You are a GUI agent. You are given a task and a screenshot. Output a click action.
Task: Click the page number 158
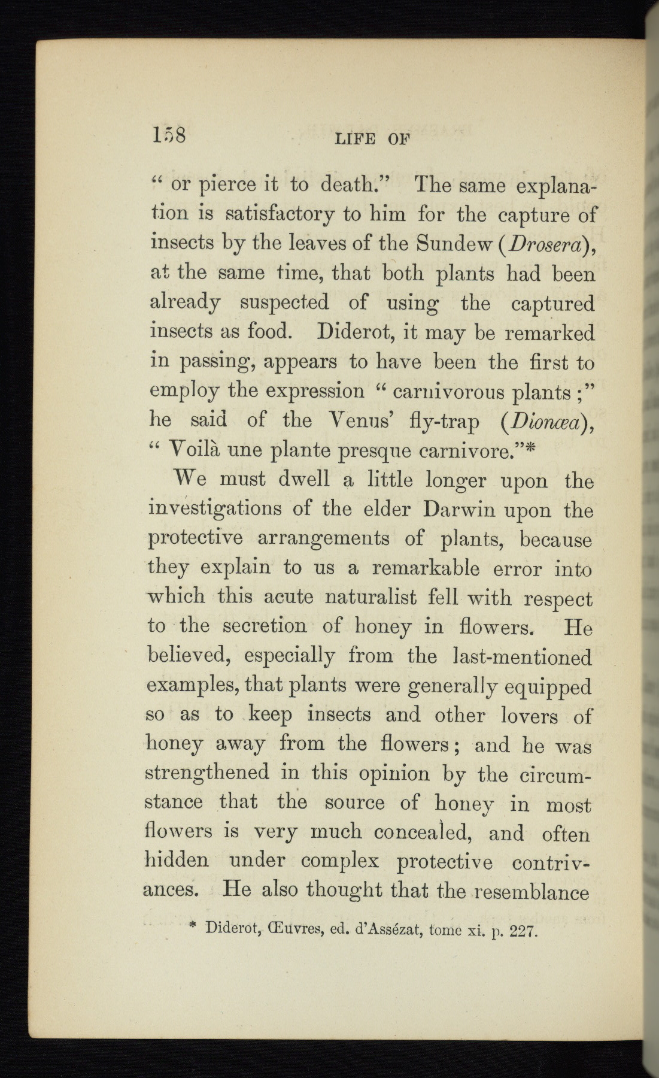[x=169, y=135]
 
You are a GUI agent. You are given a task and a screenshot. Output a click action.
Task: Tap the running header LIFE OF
[x=373, y=140]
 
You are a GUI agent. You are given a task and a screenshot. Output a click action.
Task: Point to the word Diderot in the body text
[x=354, y=332]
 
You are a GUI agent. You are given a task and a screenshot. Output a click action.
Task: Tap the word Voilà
[x=192, y=449]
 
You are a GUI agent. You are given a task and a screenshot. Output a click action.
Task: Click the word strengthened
[x=207, y=773]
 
